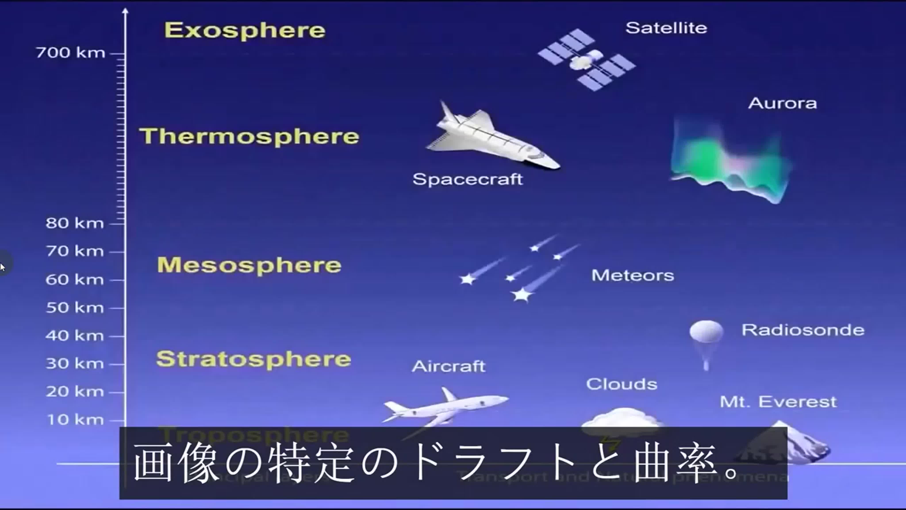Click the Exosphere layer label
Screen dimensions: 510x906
pyautogui.click(x=245, y=31)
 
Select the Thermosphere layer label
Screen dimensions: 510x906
pyautogui.click(x=249, y=137)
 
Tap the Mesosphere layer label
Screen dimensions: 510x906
pyautogui.click(x=249, y=265)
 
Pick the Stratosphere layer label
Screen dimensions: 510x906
pyautogui.click(x=253, y=359)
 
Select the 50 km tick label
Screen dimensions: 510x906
pyautogui.click(x=75, y=308)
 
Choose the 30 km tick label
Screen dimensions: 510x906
pyautogui.click(x=75, y=364)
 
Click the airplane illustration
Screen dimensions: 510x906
pyautogui.click(x=445, y=408)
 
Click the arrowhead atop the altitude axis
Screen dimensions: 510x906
pyautogui.click(x=125, y=12)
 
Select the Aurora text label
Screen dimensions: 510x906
pyautogui.click(x=782, y=103)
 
